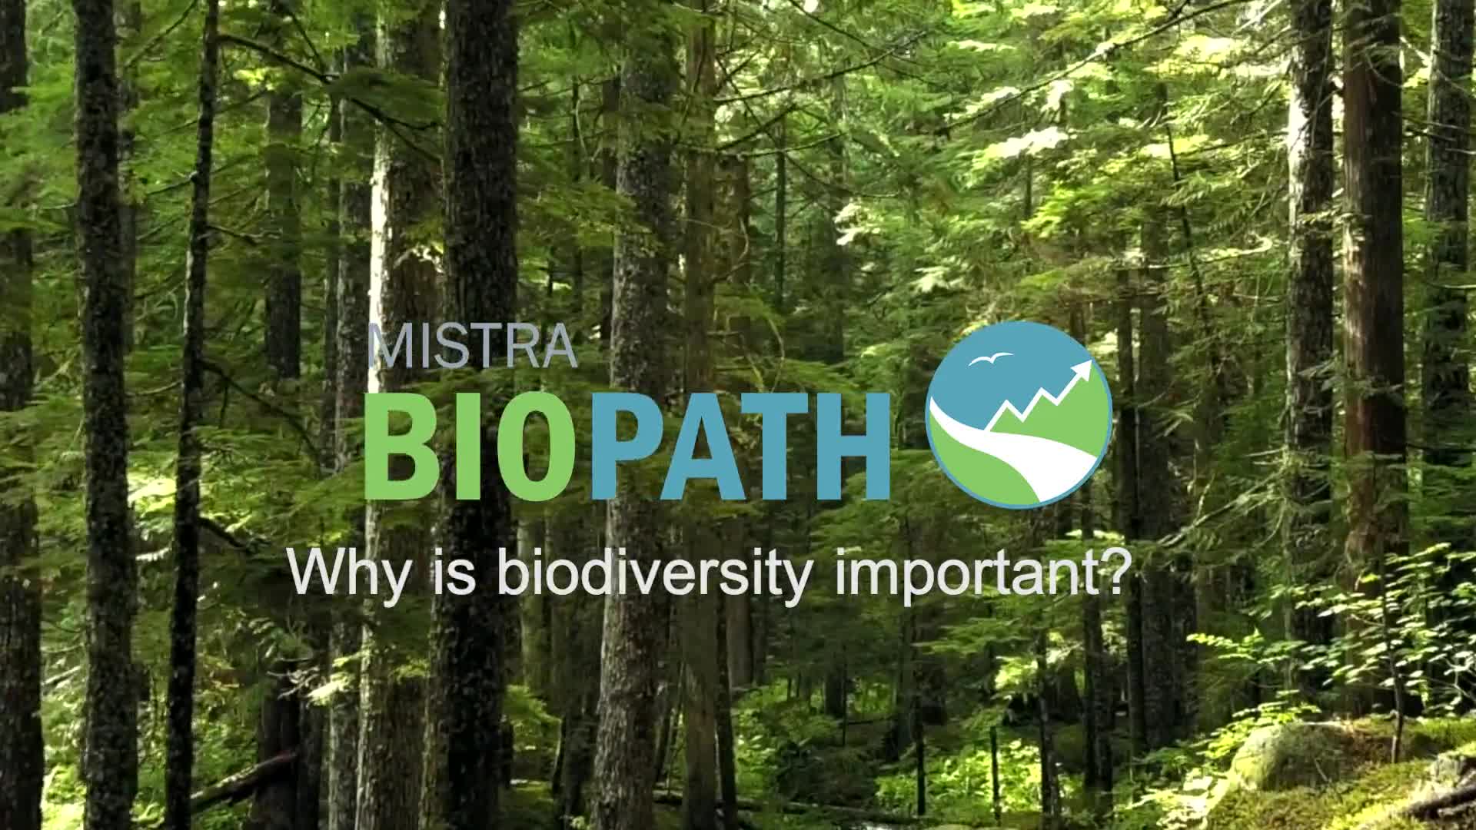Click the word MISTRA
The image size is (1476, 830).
coord(472,347)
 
